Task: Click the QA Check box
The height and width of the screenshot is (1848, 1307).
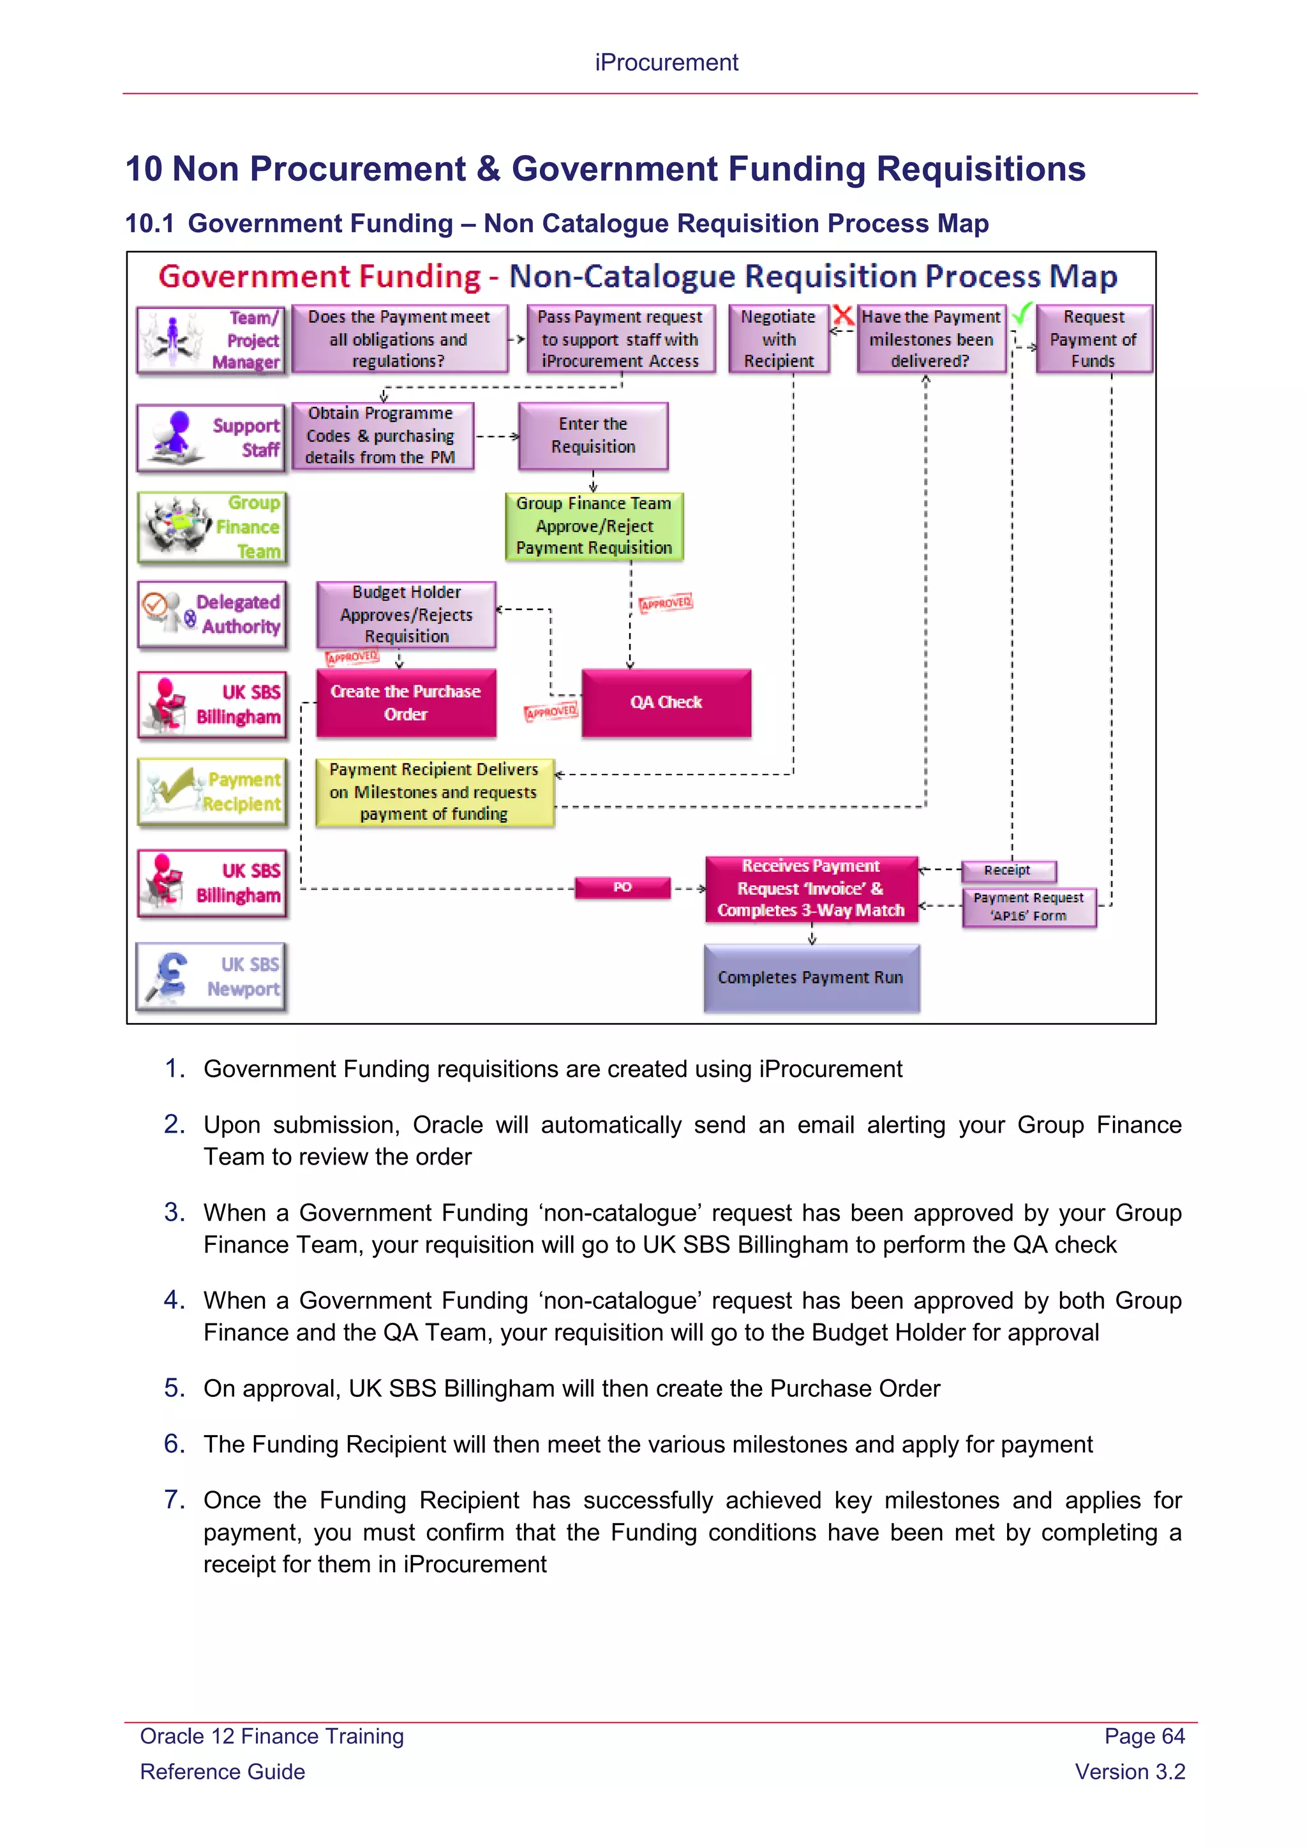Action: point(666,703)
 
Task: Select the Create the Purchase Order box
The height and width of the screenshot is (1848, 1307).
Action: point(406,703)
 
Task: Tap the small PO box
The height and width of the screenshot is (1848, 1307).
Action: point(622,887)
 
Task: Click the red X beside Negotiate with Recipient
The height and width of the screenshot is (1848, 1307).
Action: point(842,315)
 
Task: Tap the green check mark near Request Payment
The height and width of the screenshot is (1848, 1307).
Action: point(1021,314)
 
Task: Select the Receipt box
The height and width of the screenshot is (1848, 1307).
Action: point(1008,870)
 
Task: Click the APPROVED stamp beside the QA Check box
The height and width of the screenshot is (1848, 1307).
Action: point(551,712)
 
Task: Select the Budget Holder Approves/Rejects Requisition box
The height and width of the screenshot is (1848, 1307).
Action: point(407,614)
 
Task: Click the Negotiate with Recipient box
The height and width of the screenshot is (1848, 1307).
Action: point(778,339)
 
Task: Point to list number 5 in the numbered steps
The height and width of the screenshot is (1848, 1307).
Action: point(175,1388)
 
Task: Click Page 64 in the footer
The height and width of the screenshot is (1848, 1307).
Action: point(1144,1736)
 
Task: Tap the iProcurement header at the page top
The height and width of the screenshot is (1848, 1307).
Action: point(666,63)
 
